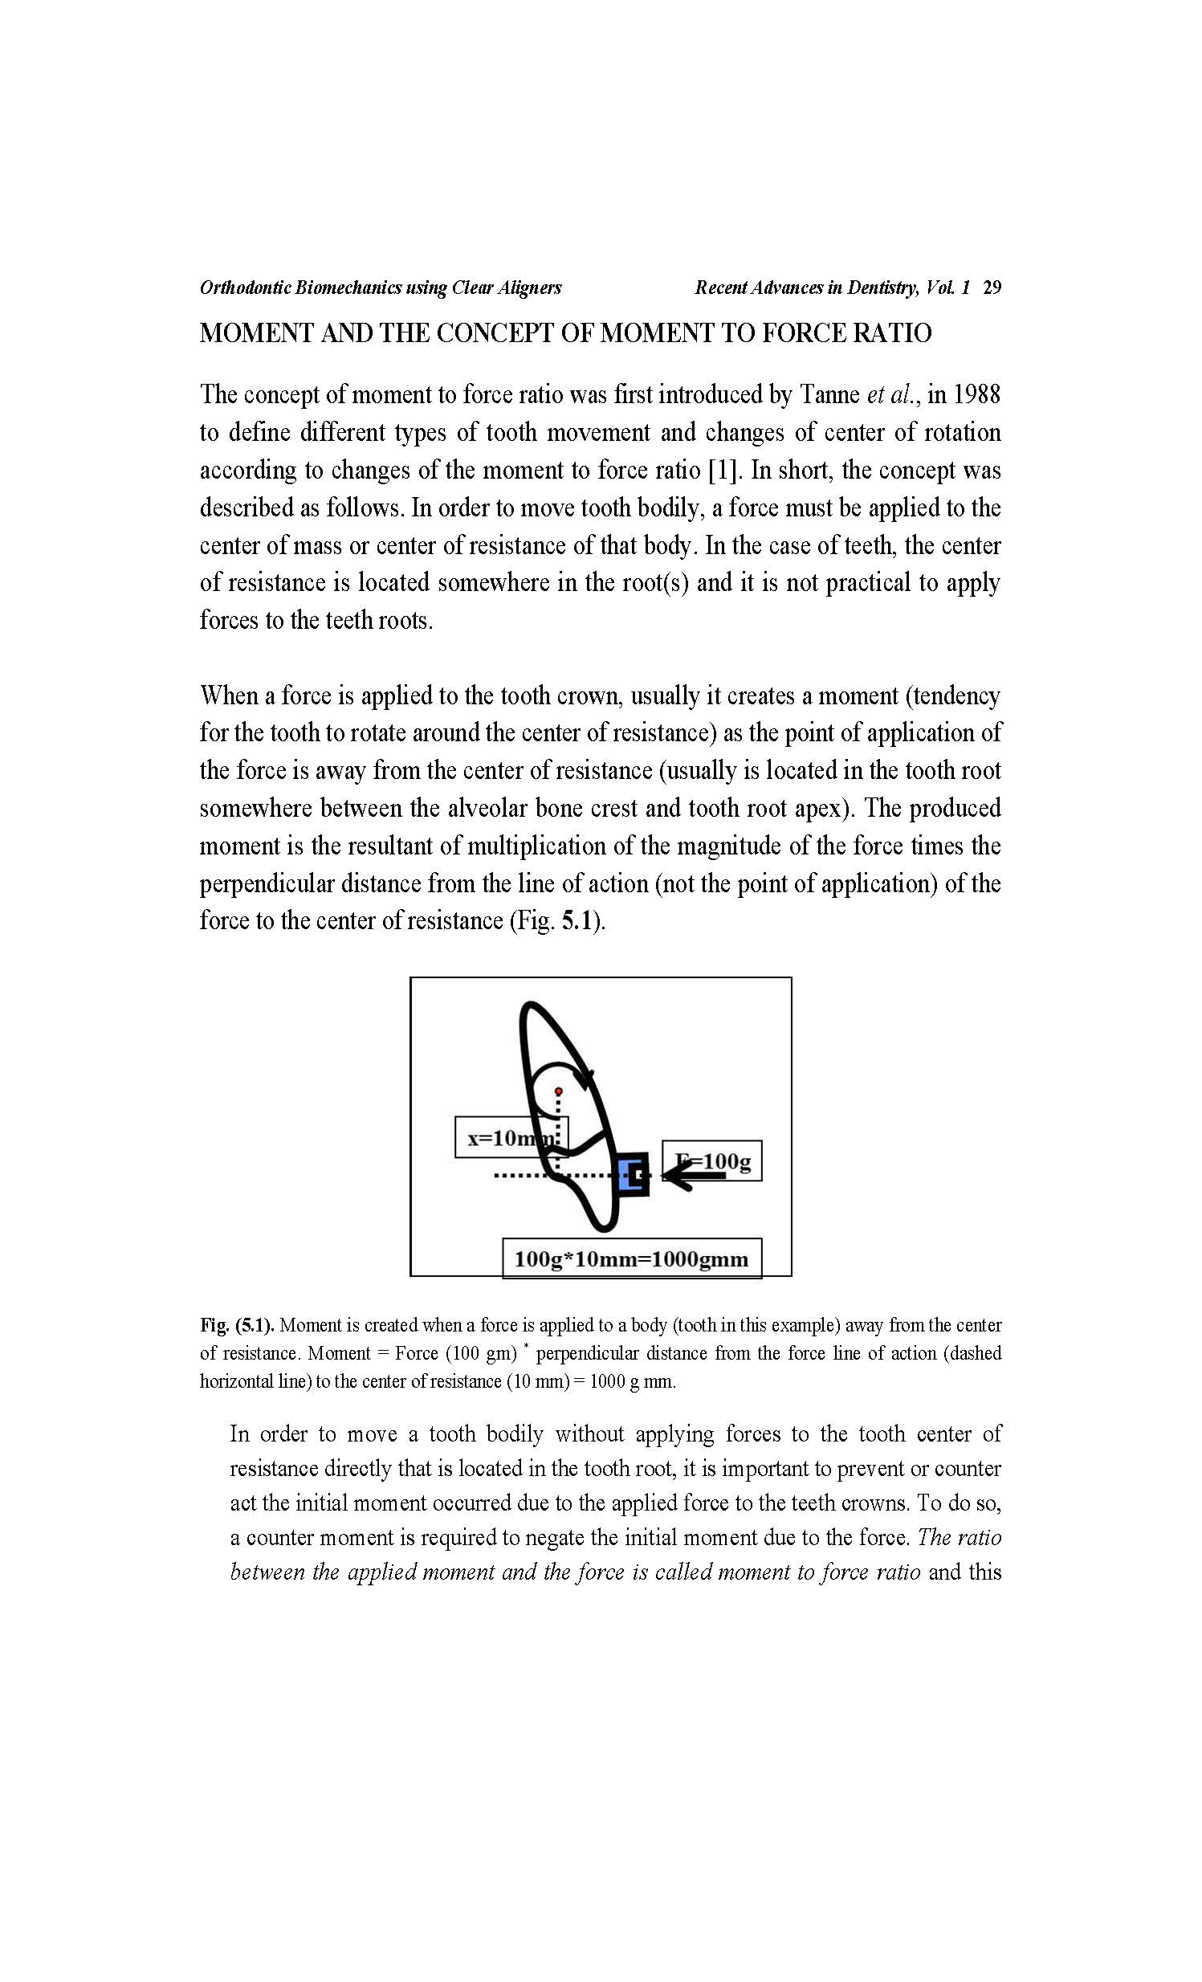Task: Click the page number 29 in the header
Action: pos(992,288)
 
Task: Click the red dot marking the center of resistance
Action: pos(559,1091)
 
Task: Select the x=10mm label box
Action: pos(511,1137)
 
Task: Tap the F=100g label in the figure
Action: pos(712,1160)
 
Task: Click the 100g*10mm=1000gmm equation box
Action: pos(631,1259)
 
